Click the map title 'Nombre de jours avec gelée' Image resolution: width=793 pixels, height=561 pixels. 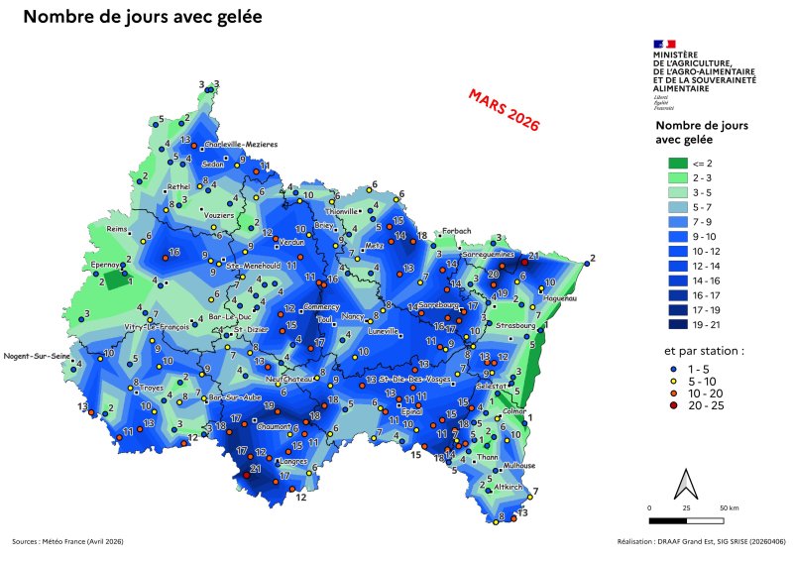(x=143, y=18)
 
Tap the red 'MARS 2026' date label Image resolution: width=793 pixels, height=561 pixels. (x=505, y=110)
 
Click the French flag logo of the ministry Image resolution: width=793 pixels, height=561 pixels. (x=664, y=44)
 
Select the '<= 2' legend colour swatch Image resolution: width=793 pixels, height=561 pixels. (x=676, y=163)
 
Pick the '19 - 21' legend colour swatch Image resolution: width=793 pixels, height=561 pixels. (x=676, y=323)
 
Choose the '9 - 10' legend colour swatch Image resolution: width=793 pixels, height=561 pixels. (x=676, y=238)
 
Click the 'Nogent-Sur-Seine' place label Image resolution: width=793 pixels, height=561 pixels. (x=37, y=355)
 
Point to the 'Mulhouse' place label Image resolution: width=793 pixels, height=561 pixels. (x=518, y=465)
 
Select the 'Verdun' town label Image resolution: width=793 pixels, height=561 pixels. (x=292, y=242)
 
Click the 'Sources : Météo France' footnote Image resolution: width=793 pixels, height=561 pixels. (x=67, y=541)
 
